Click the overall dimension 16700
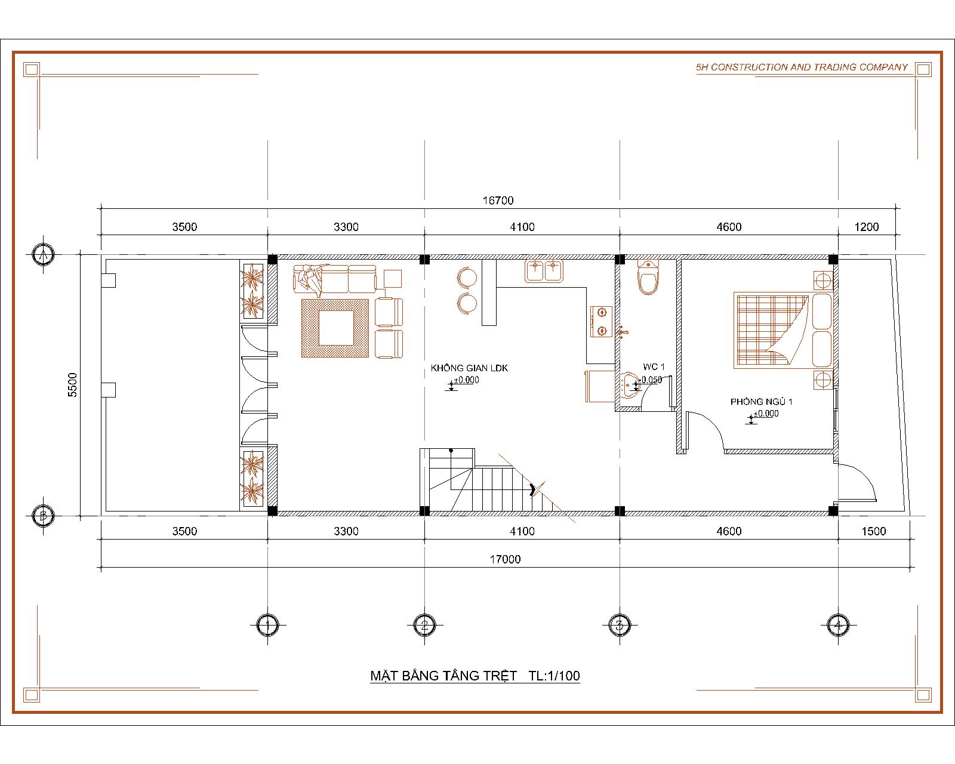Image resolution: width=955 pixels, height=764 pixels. pyautogui.click(x=498, y=201)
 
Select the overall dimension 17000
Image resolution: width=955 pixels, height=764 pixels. pyautogui.click(x=505, y=559)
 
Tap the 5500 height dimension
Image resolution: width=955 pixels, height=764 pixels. pyautogui.click(x=72, y=384)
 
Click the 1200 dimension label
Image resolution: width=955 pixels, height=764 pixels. pyautogui.click(x=866, y=227)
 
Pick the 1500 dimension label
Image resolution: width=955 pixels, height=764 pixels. pyautogui.click(x=873, y=531)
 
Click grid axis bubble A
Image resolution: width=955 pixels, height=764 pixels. pyautogui.click(x=43, y=255)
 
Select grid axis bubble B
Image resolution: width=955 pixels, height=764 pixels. pyautogui.click(x=43, y=516)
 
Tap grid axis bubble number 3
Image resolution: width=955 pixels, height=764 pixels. pyautogui.click(x=620, y=625)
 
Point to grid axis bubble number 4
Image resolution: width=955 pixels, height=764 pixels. pyautogui.click(x=838, y=625)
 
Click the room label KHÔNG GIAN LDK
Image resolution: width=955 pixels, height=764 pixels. pyautogui.click(x=469, y=368)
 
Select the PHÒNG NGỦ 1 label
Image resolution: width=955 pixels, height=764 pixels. pyautogui.click(x=762, y=402)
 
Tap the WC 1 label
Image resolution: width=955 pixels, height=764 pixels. pyautogui.click(x=654, y=366)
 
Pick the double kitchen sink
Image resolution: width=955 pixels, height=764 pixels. pyautogui.click(x=544, y=271)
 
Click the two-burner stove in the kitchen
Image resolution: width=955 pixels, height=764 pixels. pyautogui.click(x=601, y=321)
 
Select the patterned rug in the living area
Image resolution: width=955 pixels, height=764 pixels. pyautogui.click(x=335, y=328)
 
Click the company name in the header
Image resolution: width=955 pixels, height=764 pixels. pyautogui.click(x=802, y=67)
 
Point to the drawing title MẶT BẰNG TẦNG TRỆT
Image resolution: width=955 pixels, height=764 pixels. pyautogui.click(x=443, y=676)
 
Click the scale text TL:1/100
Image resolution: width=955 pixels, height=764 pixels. pyautogui.click(x=554, y=676)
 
